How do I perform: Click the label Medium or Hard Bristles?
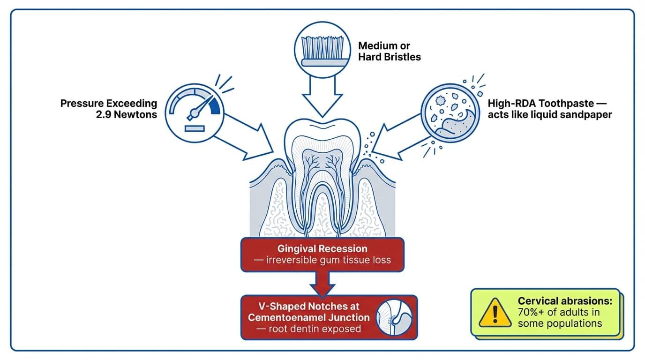coord(389,52)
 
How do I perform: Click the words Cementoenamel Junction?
coord(309,317)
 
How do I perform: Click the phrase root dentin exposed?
coord(309,329)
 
